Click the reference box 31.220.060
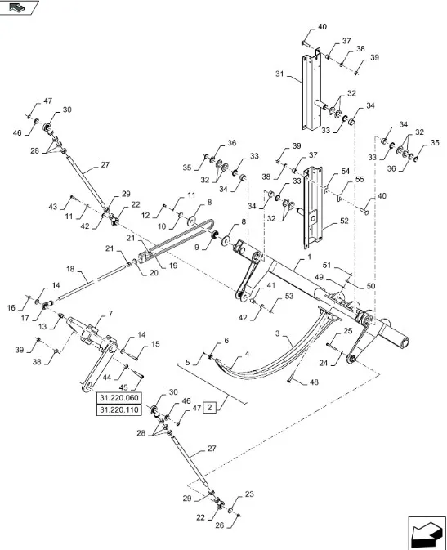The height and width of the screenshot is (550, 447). [119, 398]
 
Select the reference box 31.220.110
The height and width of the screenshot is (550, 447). [119, 409]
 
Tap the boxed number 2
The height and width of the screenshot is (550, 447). [210, 407]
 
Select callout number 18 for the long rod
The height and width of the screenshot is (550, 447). [70, 268]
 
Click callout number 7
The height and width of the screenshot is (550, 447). [111, 314]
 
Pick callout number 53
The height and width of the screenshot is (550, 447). [288, 297]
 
